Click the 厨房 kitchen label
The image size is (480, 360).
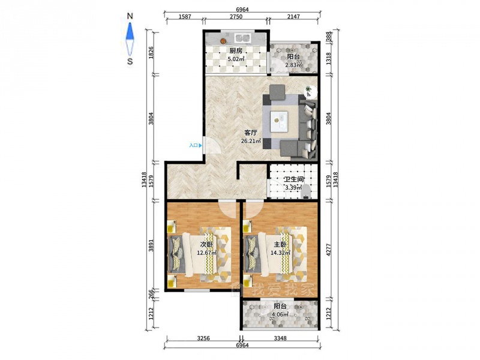click(x=236, y=51)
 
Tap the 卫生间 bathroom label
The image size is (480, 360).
click(x=293, y=179)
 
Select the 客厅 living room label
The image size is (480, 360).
click(x=251, y=133)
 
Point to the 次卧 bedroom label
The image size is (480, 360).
click(x=206, y=245)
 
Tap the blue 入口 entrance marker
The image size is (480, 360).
click(x=196, y=145)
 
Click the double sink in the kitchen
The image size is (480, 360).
click(x=243, y=38)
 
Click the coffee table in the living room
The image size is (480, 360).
click(x=279, y=121)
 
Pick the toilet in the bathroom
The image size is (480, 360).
click(x=306, y=192)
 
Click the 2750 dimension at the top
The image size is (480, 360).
click(x=236, y=17)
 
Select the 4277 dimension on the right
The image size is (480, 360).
click(x=329, y=249)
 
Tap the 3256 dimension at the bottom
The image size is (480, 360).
click(x=203, y=338)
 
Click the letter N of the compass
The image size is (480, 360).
click(x=130, y=16)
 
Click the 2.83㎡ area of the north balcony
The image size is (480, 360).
click(x=293, y=65)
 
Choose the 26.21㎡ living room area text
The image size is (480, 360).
click(x=251, y=141)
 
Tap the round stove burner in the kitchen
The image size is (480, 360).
click(x=223, y=40)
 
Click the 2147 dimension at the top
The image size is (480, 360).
click(x=293, y=17)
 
